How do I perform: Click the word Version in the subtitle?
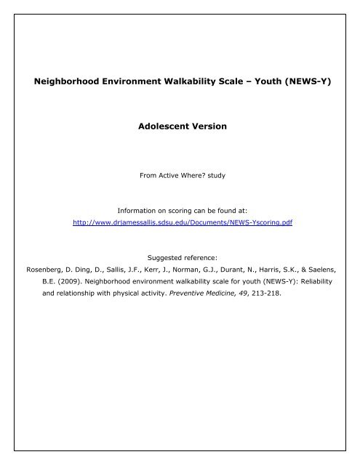coord(207,126)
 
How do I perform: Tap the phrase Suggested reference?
coord(180,256)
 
